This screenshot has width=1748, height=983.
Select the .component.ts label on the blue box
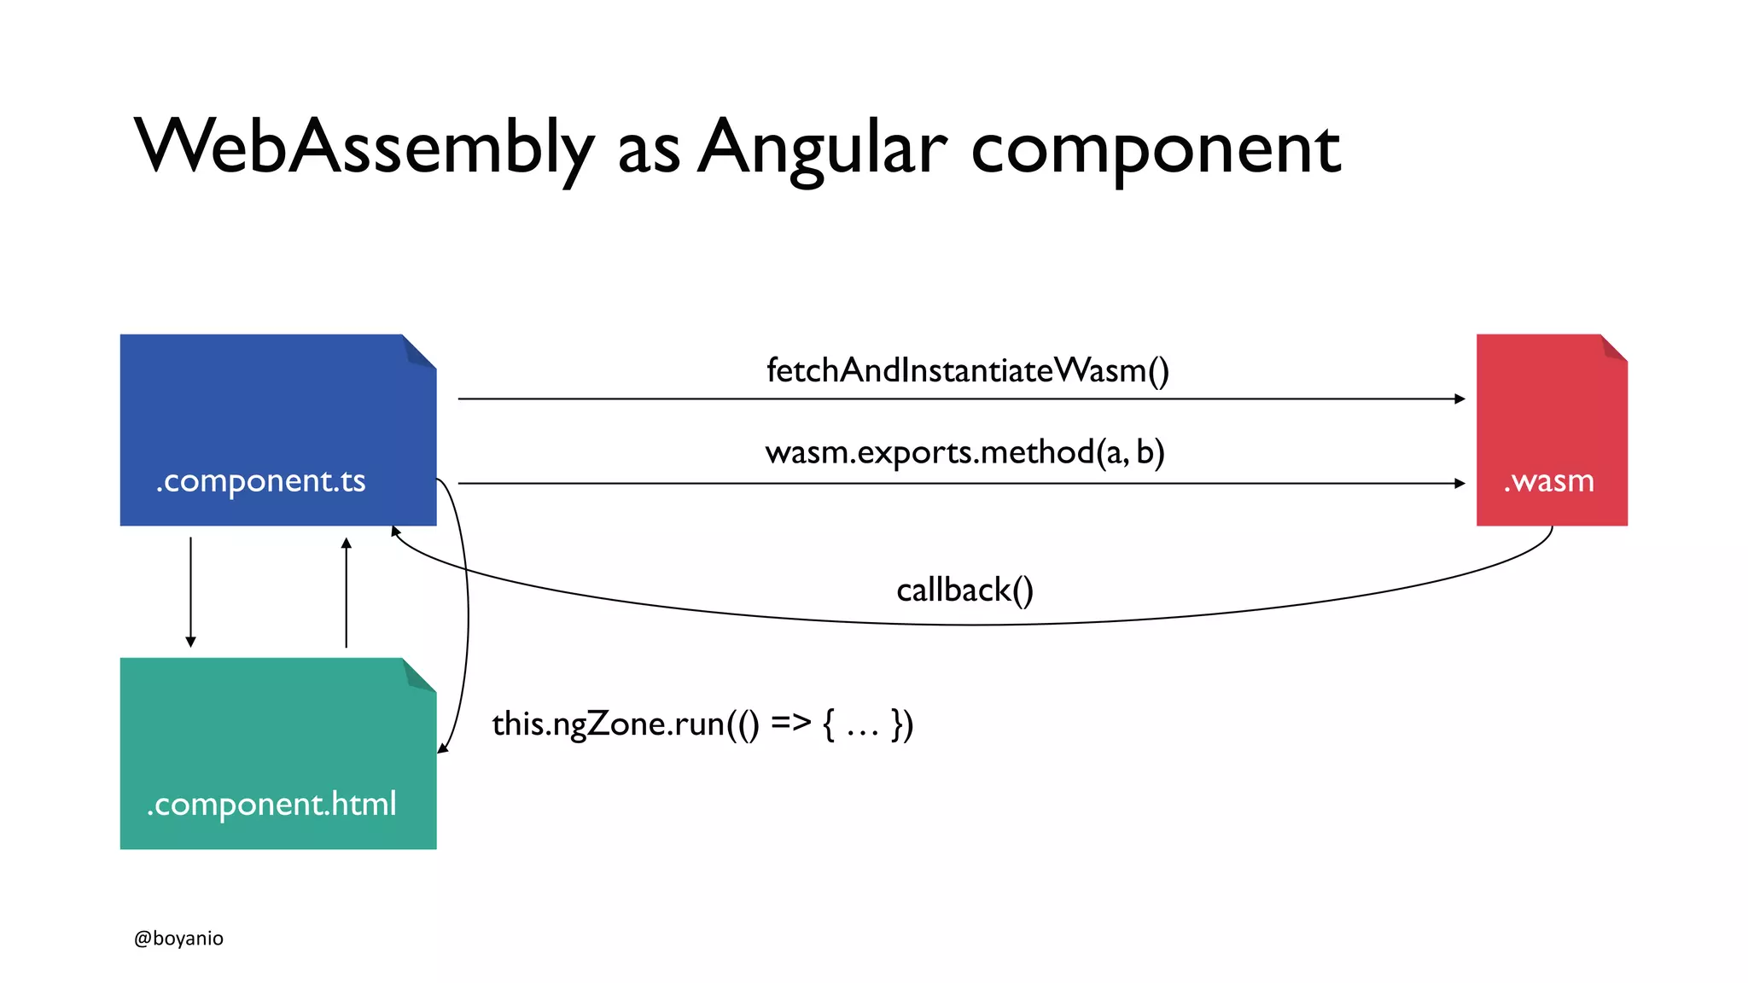coord(260,481)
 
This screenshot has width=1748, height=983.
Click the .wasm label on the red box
coord(1548,481)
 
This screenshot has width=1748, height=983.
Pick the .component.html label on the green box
coord(271,805)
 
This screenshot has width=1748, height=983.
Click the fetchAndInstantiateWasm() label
coord(967,371)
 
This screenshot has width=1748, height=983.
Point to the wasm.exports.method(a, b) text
coord(964,452)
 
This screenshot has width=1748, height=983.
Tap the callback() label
coord(964,590)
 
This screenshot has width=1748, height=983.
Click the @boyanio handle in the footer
coord(178,938)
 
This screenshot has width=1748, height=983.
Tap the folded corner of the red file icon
coord(1614,347)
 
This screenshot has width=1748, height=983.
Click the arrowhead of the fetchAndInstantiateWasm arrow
coord(1460,398)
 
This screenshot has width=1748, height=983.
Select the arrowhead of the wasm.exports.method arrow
coord(1460,483)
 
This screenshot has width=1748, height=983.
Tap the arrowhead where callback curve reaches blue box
coord(395,532)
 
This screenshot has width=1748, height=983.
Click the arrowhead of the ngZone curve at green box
coord(442,748)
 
